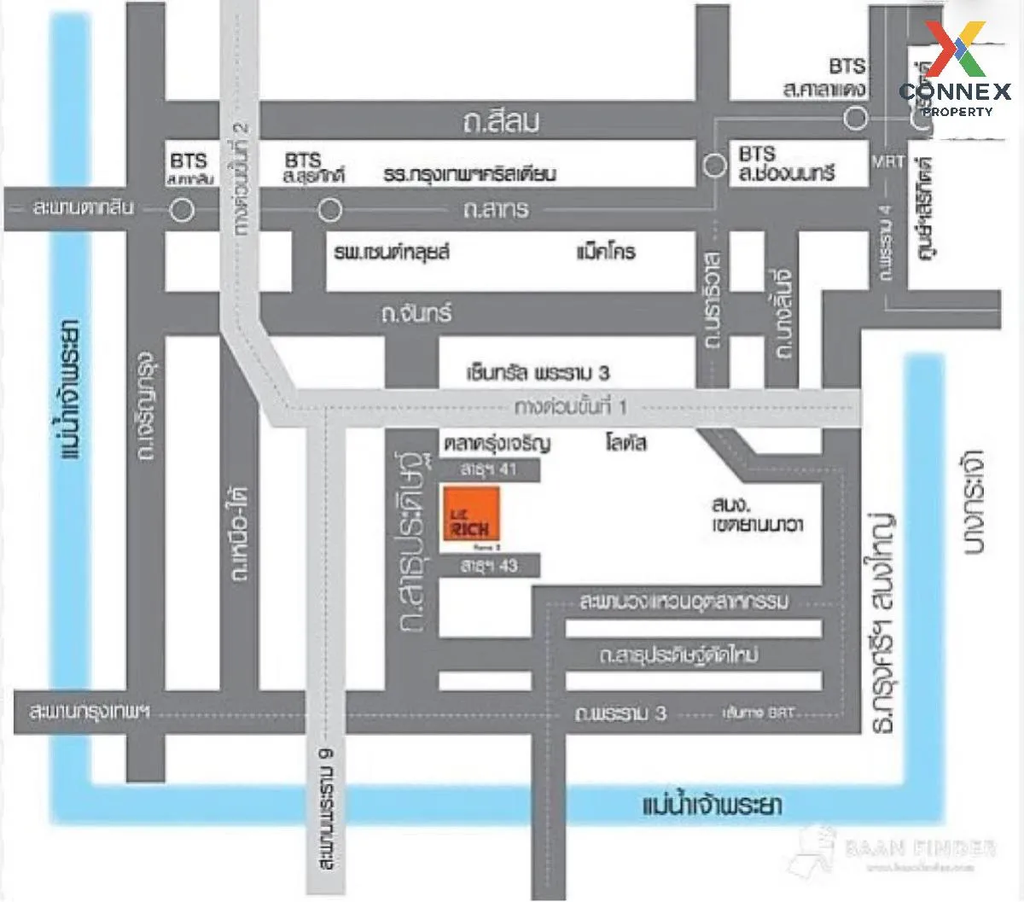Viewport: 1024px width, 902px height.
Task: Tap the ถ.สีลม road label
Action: (501, 122)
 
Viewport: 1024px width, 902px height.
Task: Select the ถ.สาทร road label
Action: (496, 209)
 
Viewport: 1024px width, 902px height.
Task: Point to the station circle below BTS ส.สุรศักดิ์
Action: (329, 210)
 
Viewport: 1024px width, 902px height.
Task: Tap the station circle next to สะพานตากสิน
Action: (182, 210)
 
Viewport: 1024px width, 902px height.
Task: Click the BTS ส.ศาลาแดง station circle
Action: (856, 119)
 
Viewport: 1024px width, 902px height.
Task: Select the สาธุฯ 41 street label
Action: (488, 468)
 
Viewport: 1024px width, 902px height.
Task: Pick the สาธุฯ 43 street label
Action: (488, 566)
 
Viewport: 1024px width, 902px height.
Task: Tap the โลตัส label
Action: (626, 443)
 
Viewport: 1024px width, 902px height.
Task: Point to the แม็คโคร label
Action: (606, 253)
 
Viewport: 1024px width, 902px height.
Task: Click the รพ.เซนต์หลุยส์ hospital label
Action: (392, 253)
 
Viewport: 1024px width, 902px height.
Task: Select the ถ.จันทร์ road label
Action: (417, 314)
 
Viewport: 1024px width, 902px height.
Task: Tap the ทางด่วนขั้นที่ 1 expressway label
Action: (571, 407)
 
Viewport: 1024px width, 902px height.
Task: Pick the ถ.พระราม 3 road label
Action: (620, 713)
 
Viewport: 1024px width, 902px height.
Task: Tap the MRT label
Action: (887, 161)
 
